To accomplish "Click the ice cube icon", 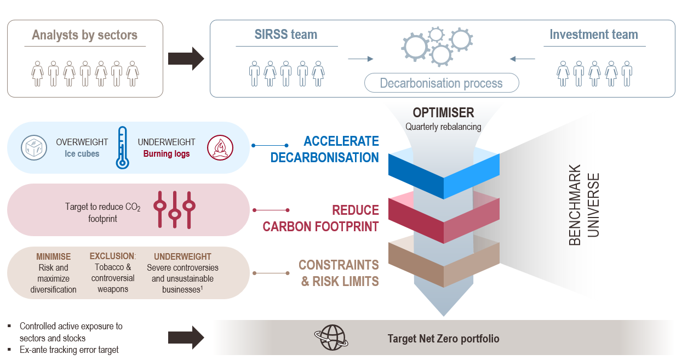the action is click(x=34, y=148).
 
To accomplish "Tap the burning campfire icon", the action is click(x=220, y=148).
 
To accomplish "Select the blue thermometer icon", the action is click(x=122, y=147).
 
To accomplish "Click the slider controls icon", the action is click(x=174, y=210).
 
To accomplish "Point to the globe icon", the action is click(x=331, y=338).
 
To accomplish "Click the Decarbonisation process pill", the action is click(x=442, y=83).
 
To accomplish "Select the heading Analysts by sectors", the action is click(x=85, y=35).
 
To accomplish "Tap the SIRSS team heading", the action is click(x=285, y=35).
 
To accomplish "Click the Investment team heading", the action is click(x=594, y=35).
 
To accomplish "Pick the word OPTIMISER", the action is click(x=443, y=113).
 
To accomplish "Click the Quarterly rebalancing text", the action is click(x=443, y=127).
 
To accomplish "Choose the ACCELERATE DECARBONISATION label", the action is click(x=324, y=149).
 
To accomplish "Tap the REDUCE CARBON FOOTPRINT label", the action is click(x=320, y=218).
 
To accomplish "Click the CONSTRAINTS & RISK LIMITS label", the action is click(x=339, y=273).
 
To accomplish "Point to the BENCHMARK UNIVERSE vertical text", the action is click(x=584, y=205).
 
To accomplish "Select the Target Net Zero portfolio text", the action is click(x=443, y=339).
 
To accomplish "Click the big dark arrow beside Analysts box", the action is click(x=186, y=59).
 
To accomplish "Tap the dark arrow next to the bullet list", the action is click(x=186, y=338).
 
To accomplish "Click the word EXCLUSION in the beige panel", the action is click(x=112, y=256).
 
